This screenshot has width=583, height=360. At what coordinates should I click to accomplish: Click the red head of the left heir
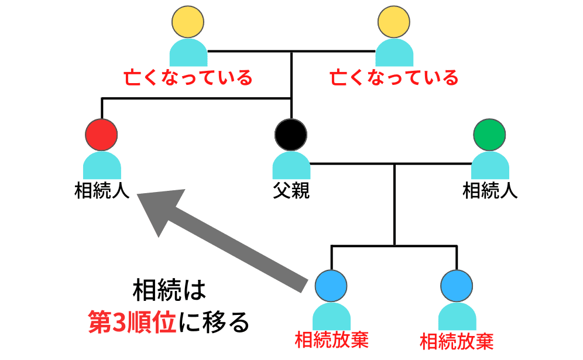[102, 134]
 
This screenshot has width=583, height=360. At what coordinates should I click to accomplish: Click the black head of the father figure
[291, 134]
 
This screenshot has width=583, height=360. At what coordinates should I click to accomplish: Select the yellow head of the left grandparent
[188, 22]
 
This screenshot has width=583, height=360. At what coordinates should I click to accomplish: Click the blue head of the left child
[331, 285]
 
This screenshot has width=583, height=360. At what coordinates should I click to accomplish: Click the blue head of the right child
[457, 285]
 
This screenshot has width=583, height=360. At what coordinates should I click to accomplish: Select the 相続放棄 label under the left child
[332, 340]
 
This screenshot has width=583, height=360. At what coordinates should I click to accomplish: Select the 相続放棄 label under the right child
[457, 341]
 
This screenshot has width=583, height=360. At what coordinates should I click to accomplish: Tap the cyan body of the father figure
[291, 166]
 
